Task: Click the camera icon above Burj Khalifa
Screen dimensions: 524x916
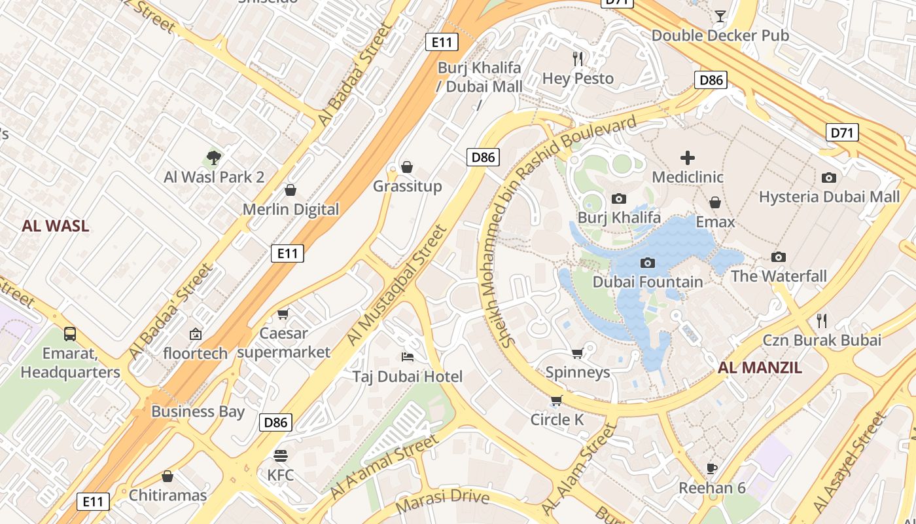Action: (618, 198)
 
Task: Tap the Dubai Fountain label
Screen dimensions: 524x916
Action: (647, 282)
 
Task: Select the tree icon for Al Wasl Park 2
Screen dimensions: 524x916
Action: (213, 157)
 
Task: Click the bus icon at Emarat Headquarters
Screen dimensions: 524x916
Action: (70, 334)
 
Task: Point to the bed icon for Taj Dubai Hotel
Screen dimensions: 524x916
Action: (407, 357)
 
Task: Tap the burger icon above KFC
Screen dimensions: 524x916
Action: (281, 455)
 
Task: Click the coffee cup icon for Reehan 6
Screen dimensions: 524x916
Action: (712, 468)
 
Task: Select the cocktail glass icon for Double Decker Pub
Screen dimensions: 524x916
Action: (720, 16)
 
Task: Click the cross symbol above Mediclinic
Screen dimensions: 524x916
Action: (688, 157)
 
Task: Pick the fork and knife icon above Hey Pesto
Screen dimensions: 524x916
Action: (578, 59)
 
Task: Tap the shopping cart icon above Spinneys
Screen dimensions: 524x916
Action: (577, 354)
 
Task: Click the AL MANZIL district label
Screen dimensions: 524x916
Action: (760, 367)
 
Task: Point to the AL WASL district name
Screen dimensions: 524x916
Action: (55, 227)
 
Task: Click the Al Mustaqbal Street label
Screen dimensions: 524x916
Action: (396, 286)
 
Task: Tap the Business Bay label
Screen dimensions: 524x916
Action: (198, 412)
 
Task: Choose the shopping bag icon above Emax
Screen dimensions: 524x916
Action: (715, 202)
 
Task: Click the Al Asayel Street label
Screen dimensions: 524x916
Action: (849, 462)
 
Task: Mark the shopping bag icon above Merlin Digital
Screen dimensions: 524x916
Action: (291, 190)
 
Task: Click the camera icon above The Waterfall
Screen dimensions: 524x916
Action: (778, 257)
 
